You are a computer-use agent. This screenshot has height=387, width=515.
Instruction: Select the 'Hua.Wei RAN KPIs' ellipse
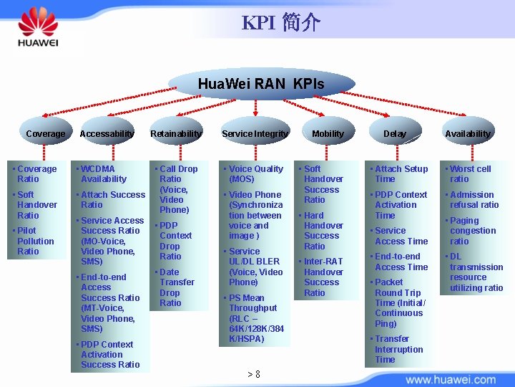click(260, 84)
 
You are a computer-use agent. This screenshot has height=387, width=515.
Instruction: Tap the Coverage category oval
click(45, 133)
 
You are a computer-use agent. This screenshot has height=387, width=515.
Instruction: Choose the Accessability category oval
click(107, 133)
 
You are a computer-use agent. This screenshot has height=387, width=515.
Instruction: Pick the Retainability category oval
click(176, 133)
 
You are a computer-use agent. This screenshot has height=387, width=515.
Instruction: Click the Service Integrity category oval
click(255, 133)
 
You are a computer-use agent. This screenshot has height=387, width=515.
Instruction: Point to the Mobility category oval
click(328, 133)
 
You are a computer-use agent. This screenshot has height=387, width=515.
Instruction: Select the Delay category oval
click(394, 133)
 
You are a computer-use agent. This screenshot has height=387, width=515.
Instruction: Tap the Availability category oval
click(468, 133)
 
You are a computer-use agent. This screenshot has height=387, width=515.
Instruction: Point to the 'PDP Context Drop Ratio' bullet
click(175, 240)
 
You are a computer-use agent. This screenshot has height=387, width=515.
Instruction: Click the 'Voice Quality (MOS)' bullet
click(255, 174)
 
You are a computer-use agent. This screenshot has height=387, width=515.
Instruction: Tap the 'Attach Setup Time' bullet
click(401, 174)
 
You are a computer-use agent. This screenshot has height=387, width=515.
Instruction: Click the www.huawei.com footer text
click(451, 379)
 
